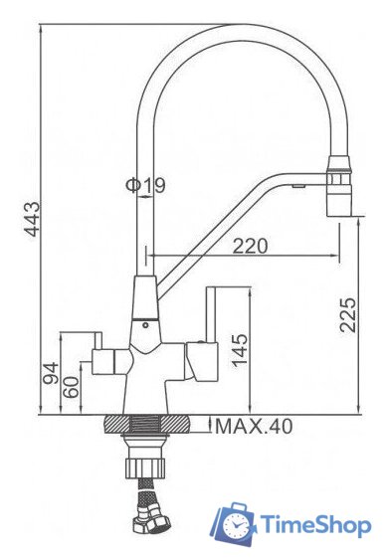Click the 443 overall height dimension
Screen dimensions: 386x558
(33, 219)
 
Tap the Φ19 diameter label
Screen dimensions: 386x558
(145, 185)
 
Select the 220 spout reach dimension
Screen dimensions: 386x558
(250, 246)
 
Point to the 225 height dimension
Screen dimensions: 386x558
(348, 315)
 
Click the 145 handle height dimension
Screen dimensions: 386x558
(240, 349)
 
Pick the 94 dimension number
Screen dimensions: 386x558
(51, 373)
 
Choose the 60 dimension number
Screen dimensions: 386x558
(71, 387)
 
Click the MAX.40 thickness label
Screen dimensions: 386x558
(254, 426)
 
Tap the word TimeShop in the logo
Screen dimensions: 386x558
(315, 525)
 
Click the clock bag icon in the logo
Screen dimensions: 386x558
(233, 524)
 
